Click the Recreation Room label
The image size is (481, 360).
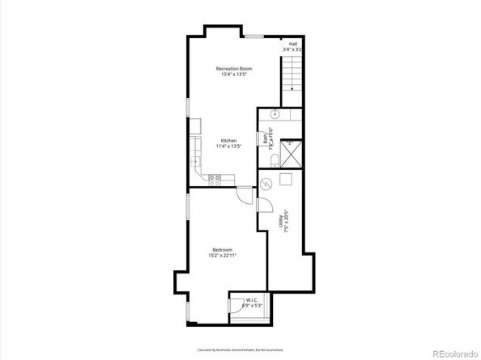[233, 69]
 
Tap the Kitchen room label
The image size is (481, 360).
[228, 140]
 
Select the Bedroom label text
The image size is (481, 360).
[223, 248]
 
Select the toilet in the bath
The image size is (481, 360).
[275, 156]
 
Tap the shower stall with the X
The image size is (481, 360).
[292, 151]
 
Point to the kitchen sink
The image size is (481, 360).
[195, 161]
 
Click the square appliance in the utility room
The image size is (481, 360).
[286, 179]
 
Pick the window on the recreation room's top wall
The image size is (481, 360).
[254, 36]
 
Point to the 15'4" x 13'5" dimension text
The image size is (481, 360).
[233, 76]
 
